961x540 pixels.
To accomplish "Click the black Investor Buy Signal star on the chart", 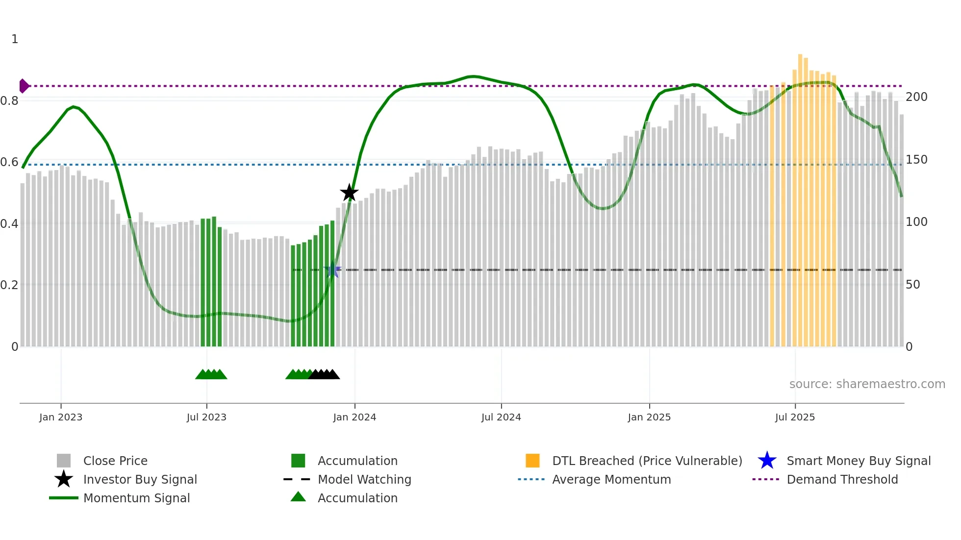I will click(x=349, y=193).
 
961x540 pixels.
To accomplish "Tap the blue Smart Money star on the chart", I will click(x=332, y=270).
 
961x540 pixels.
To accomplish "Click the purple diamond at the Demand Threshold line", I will click(x=24, y=86).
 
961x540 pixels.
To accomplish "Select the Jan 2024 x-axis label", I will click(x=354, y=417).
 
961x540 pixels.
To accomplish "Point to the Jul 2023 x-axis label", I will click(x=206, y=417).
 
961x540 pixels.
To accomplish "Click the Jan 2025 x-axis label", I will click(x=649, y=417).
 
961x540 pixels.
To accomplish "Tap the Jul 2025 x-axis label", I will click(x=795, y=417).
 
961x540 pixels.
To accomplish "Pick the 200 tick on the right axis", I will click(x=916, y=97).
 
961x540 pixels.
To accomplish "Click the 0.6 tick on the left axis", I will click(x=9, y=162).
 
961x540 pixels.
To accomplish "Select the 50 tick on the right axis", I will click(x=912, y=285).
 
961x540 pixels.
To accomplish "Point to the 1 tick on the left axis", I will click(x=15, y=39).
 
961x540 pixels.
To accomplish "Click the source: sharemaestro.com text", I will click(x=867, y=384).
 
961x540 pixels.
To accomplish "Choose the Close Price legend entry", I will click(x=115, y=461).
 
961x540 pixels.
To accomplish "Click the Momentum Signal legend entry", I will click(x=136, y=498).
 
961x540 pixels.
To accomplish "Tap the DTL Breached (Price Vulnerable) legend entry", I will click(x=647, y=461).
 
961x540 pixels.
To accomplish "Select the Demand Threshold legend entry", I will click(x=842, y=479).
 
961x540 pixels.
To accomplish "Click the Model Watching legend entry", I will click(x=364, y=479).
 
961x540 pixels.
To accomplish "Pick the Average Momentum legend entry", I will click(x=611, y=479).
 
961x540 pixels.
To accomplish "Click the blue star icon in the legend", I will click(x=767, y=461).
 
